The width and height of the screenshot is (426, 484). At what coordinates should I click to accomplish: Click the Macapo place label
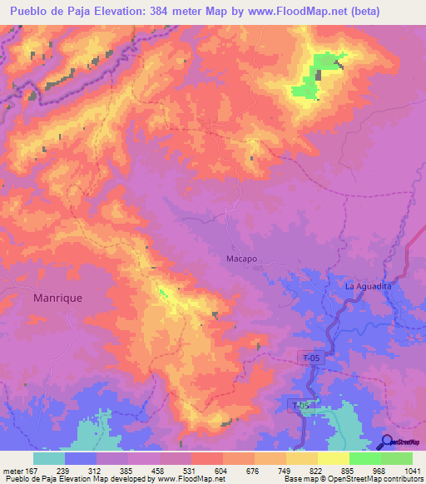pos(241,259)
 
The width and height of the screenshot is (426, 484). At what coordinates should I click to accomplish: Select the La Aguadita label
pos(368,286)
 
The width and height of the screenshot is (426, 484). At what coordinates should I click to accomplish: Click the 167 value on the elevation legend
pos(33,471)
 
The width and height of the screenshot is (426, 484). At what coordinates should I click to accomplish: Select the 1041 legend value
pos(412,471)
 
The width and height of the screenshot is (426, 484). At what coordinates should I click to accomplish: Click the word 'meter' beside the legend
pos(12,471)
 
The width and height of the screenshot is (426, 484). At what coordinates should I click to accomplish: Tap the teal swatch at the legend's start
pos(49,458)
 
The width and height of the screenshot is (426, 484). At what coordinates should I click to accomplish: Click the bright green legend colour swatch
pos(365,458)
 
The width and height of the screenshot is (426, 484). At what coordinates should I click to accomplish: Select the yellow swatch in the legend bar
pos(334,458)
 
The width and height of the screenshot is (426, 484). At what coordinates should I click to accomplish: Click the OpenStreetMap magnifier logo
pos(385,442)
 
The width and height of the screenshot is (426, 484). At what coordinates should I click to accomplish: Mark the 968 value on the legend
pos(381,471)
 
